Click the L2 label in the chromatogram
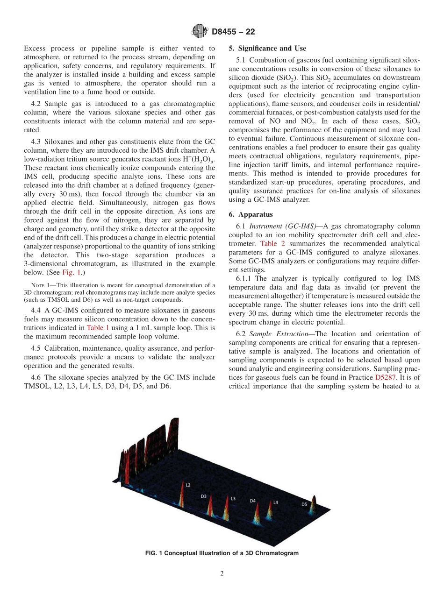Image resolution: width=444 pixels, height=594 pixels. [188, 485]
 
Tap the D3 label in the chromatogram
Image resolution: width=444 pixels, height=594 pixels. [203, 496]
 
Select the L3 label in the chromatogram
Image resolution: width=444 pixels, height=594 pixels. [233, 499]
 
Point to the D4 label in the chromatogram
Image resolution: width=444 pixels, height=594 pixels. [252, 501]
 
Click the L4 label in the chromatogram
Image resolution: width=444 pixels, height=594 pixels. [275, 502]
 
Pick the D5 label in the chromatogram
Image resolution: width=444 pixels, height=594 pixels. [304, 504]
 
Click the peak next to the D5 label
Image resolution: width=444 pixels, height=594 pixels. [314, 506]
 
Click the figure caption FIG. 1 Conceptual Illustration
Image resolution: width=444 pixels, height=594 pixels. [222, 553]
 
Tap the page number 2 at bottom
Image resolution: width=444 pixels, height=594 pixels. [222, 574]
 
